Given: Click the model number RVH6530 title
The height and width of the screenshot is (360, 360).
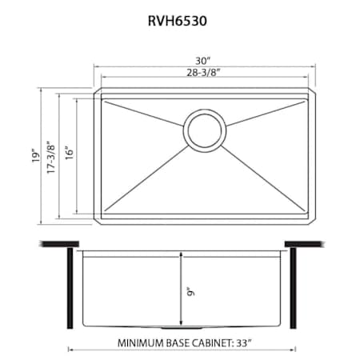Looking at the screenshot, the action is pos(178,21).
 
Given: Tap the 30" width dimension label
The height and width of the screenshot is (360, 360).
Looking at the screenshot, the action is pos(202,61).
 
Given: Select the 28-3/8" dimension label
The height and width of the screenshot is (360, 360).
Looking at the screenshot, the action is pos(204,72).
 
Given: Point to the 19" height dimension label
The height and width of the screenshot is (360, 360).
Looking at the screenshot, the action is pos(36,155).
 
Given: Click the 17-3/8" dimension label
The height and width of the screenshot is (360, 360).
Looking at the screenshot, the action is pos(50,158).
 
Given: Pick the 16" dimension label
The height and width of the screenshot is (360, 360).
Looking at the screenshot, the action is pos(69,153).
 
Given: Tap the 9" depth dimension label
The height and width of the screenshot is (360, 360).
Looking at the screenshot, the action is pos(191,291).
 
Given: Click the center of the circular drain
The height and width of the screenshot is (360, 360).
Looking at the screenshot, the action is pos(205,130).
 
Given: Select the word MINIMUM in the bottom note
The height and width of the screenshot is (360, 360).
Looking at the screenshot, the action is pos(141,343).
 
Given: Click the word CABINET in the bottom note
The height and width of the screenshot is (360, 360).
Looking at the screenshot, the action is pos(213,343).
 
